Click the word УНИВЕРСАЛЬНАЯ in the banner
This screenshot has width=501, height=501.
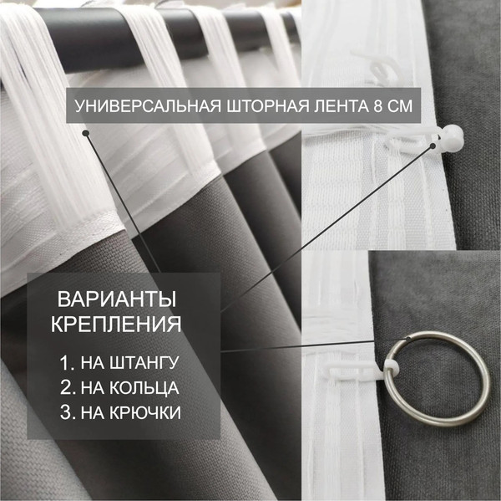139,107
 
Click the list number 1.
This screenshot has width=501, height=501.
65,365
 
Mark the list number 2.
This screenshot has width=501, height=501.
65,388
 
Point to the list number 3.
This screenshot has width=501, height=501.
65,412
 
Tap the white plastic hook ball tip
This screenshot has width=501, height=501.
452,134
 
